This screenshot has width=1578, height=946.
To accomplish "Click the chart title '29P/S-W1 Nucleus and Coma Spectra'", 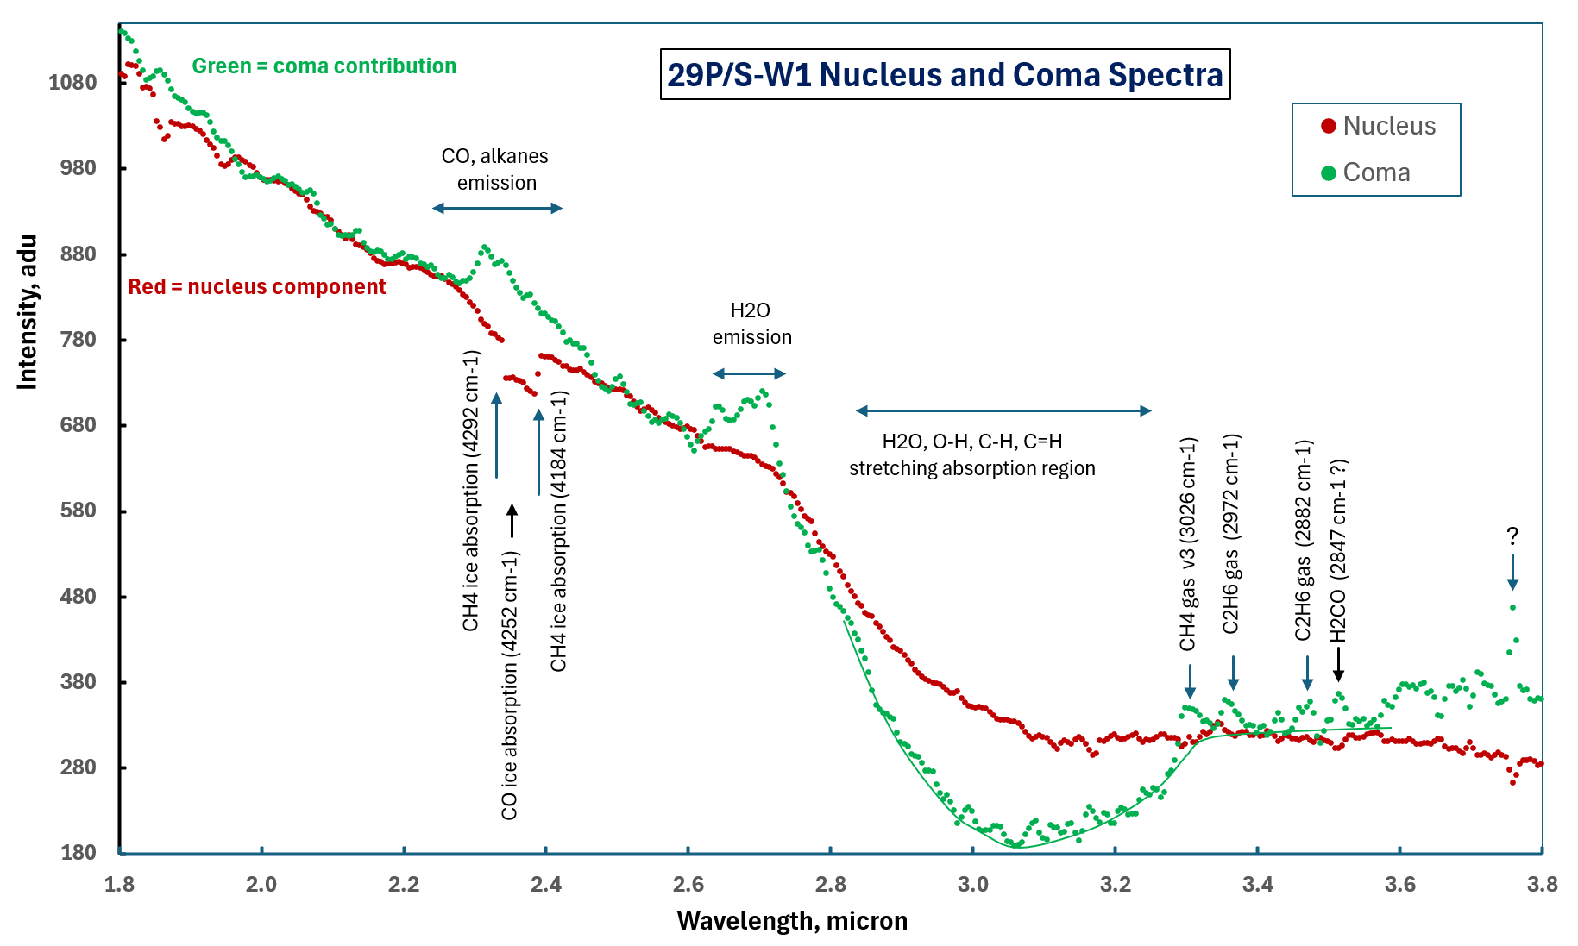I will point(945,75).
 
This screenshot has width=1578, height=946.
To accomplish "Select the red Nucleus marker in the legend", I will point(1329,127).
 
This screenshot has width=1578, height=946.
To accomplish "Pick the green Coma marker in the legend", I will point(1329,173).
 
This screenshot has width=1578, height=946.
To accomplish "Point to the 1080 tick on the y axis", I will point(72,83).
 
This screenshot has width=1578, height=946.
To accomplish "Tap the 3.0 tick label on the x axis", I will point(972,884).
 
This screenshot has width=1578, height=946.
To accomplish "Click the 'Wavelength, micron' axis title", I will point(792,921).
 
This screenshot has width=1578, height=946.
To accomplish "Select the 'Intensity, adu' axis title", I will point(28,312).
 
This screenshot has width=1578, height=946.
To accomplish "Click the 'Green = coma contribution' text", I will point(324,66).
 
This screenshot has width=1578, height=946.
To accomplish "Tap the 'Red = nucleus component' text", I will point(256,287).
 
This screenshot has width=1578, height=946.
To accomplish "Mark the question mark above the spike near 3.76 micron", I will point(1512,536).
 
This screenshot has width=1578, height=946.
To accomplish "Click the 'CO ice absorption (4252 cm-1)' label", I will point(510,686).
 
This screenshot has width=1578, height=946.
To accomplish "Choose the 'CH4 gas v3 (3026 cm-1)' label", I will point(1188,543).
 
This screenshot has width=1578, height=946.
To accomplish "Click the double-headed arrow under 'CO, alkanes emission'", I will point(497,208).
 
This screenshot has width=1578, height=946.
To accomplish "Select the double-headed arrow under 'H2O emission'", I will point(749,373).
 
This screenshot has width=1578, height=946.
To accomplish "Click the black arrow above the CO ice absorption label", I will point(512,521).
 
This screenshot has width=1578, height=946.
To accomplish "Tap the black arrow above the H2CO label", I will point(1338,663).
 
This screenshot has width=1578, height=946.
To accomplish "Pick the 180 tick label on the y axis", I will point(79,853).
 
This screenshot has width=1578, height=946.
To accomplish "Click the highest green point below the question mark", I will point(1513,608).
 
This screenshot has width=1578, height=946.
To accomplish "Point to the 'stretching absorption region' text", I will point(971,468).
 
